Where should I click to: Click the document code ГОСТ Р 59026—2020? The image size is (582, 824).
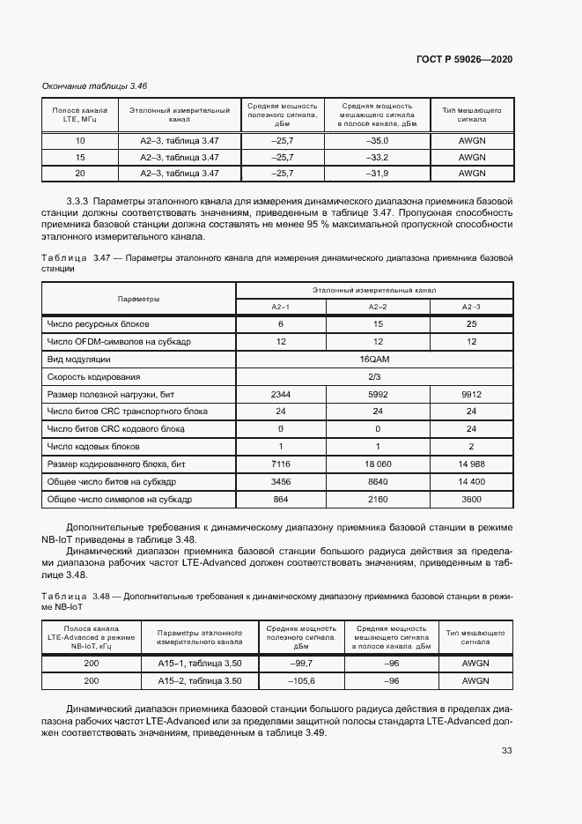[x=464, y=59]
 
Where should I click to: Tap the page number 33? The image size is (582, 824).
[x=506, y=751]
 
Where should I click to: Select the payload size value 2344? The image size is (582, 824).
[x=281, y=395]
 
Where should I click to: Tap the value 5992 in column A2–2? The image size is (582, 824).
[x=378, y=395]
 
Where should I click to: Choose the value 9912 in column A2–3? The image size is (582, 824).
[x=471, y=395]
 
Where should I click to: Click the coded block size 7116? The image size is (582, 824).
[x=281, y=464]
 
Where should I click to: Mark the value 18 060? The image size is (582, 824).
[x=378, y=464]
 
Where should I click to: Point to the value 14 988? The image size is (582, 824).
[x=471, y=464]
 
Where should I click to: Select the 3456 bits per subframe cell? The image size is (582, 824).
[x=281, y=482]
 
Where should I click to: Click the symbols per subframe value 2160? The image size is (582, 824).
[x=378, y=500]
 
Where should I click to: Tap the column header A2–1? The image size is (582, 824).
[x=281, y=306]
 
